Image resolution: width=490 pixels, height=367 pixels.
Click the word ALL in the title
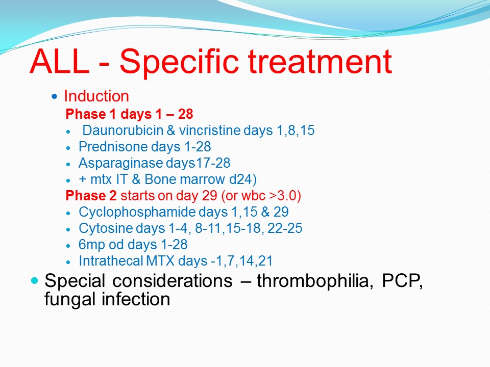coord(60,61)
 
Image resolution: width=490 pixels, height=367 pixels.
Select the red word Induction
coord(96,96)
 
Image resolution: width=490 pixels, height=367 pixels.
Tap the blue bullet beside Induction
coord(55,96)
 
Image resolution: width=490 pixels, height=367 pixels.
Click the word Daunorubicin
coord(123,130)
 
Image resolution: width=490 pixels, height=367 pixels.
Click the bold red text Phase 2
coord(91,196)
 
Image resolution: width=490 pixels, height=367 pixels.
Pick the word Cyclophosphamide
coord(137,212)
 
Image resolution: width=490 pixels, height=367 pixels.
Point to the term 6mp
coord(91,245)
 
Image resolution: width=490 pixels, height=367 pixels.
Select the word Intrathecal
coord(111,261)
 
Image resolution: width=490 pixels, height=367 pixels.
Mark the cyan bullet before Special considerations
coord(34,280)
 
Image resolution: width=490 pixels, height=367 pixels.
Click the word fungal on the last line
coord(70,300)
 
